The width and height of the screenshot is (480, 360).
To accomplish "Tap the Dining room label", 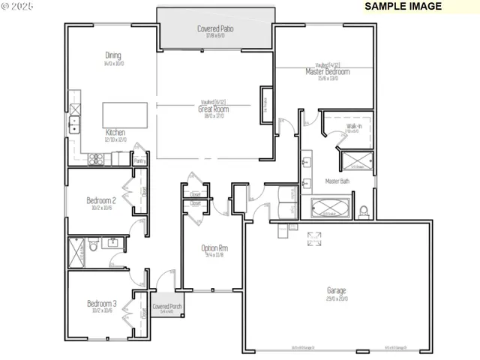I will click(112, 55).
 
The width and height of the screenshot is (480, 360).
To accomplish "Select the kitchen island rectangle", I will click(124, 115).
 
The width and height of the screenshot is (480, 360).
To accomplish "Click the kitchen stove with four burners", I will click(96, 158).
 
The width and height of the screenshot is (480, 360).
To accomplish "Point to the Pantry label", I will click(139, 160).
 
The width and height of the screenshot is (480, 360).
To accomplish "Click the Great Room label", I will click(214, 109).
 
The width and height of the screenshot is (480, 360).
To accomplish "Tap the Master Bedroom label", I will click(327, 72).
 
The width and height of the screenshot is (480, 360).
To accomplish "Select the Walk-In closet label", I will click(354, 127).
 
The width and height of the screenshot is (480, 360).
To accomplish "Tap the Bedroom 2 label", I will click(100, 200).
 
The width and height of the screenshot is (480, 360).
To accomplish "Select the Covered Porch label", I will click(166, 307).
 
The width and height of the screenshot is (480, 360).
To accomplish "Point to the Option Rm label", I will click(214, 248).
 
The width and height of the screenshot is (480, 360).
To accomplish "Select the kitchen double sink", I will click(74, 124).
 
